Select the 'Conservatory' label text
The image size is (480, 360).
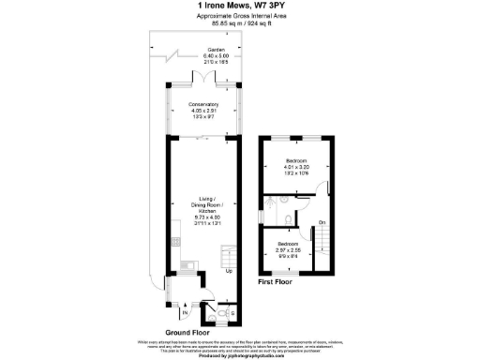(202, 103)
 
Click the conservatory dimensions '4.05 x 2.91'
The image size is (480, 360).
(202, 110)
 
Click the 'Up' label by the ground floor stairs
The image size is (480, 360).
(228, 272)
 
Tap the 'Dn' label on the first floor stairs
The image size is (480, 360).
(322, 221)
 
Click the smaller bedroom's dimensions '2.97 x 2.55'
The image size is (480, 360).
(287, 250)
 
